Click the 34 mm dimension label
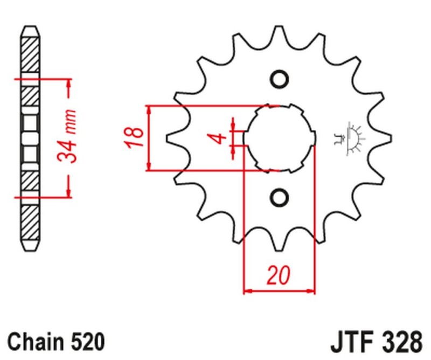67,138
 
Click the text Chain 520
57,341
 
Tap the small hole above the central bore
279,79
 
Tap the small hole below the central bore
279,196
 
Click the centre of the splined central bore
279,138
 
